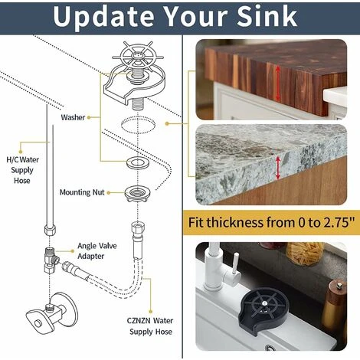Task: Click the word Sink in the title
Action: (267, 16)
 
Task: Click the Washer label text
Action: (73, 117)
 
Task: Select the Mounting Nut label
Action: (82, 192)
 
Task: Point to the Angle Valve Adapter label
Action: (97, 250)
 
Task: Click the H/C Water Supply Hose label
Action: (22, 170)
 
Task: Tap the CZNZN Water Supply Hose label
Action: (150, 326)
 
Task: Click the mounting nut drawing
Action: (137, 194)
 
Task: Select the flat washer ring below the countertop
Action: (138, 162)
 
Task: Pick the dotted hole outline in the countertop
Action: (138, 124)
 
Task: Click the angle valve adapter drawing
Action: (51, 260)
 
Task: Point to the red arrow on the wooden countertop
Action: (278, 83)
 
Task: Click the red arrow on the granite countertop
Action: (278, 168)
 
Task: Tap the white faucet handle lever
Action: (236, 266)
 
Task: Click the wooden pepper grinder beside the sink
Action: (335, 306)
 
